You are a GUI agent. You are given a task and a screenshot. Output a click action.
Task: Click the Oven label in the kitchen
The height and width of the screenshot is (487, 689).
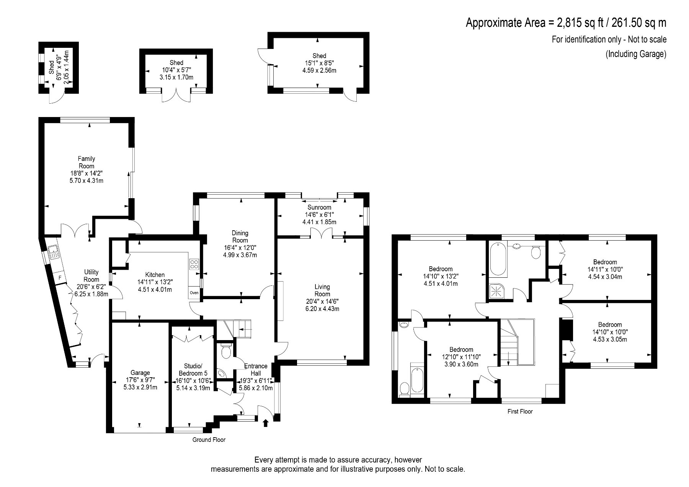pyautogui.click(x=194, y=293)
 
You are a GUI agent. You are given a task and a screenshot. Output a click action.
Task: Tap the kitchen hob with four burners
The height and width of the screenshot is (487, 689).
pyautogui.click(x=194, y=264)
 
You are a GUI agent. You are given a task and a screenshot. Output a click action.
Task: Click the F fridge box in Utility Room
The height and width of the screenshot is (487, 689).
pyautogui.click(x=60, y=277)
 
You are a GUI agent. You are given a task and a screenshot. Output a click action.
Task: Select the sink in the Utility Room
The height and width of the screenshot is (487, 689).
pyautogui.click(x=53, y=251)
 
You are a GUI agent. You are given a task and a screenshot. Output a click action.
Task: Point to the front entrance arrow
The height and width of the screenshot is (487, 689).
pyautogui.click(x=266, y=423)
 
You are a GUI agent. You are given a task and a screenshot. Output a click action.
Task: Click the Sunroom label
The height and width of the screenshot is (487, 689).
pyautogui.click(x=322, y=207)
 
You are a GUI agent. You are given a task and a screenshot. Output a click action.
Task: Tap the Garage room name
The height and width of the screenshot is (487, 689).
pyautogui.click(x=140, y=373)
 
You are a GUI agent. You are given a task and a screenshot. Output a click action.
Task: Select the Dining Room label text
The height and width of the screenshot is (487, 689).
pyautogui.click(x=240, y=236)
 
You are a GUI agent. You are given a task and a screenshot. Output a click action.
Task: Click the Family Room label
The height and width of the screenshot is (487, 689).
pyautogui.click(x=87, y=162)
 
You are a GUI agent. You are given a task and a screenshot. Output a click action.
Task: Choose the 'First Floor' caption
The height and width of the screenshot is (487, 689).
pyautogui.click(x=520, y=412)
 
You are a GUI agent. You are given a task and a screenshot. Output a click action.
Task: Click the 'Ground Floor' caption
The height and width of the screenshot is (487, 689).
pyautogui.click(x=209, y=440)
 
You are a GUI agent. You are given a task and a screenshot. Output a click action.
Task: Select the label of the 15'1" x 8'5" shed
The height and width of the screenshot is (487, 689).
pyautogui.click(x=319, y=56)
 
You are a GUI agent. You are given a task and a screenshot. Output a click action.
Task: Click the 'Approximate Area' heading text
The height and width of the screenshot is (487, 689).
pyautogui.click(x=507, y=23)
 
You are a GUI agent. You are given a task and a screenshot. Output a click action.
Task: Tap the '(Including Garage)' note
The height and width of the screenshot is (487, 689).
pyautogui.click(x=636, y=54)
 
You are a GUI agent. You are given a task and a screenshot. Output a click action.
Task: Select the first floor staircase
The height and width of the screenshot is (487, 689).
pyautogui.click(x=516, y=342)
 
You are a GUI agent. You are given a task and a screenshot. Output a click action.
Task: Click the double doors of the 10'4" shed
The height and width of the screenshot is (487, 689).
pyautogui.click(x=176, y=96)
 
